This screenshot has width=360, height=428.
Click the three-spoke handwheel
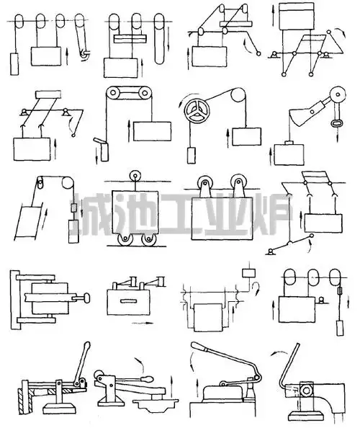click(197, 111)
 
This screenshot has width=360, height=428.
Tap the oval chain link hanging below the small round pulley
click(336, 124)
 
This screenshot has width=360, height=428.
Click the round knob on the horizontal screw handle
click(87, 298)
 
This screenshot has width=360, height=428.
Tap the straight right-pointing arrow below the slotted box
click(142, 324)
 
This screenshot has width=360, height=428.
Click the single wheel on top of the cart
click(135, 176)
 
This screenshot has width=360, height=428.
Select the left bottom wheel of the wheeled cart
click(125, 239)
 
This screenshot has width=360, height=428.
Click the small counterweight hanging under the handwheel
click(192, 156)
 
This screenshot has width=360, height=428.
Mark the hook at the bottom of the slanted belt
click(86, 54)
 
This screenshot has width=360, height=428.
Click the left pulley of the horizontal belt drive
click(113, 94)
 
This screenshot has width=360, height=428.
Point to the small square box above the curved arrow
click(249, 273)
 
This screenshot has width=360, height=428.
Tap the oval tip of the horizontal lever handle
click(148, 379)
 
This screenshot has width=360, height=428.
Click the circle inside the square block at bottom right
click(306, 391)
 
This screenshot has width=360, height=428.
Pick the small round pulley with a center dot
click(338, 94)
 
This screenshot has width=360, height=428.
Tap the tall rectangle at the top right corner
click(297, 16)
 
